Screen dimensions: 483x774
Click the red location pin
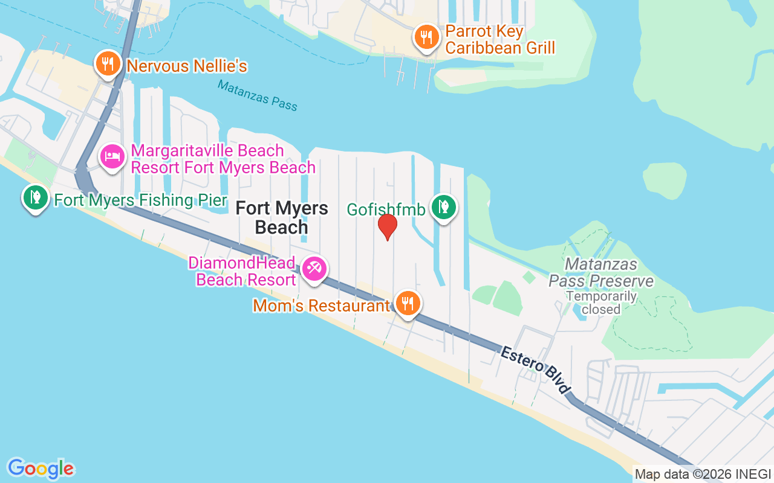(x=387, y=226)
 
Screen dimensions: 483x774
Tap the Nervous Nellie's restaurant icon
(x=108, y=63)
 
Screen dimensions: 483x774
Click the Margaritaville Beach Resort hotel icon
(x=112, y=157)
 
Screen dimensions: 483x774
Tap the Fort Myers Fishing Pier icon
(x=36, y=197)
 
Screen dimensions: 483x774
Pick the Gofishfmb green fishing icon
(x=444, y=206)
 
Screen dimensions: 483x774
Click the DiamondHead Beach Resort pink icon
(x=314, y=268)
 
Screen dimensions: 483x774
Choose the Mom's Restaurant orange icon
(x=409, y=303)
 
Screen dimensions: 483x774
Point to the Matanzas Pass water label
(x=258, y=96)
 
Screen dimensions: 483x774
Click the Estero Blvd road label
(x=536, y=369)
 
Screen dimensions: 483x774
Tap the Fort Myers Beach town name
(x=282, y=218)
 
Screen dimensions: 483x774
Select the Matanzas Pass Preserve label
(x=601, y=273)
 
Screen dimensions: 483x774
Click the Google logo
(x=41, y=469)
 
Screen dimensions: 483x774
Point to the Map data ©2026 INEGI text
(x=703, y=474)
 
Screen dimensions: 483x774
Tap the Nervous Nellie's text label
(x=187, y=66)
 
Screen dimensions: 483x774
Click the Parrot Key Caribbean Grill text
(x=500, y=39)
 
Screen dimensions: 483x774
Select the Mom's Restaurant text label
(x=322, y=306)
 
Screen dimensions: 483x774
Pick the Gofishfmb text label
(x=386, y=210)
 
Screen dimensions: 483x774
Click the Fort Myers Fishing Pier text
(x=140, y=200)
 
